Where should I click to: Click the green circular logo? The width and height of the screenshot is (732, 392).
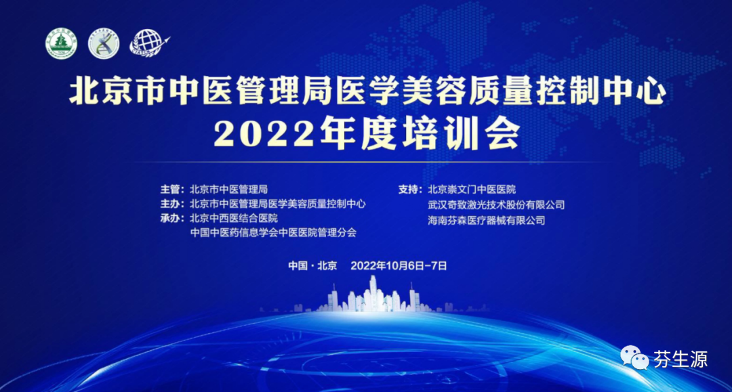(x=61, y=44)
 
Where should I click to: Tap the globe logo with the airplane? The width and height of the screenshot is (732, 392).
(x=147, y=43)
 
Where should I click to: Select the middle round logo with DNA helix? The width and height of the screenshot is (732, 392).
(x=104, y=44)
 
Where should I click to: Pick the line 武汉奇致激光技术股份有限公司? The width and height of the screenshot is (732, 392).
(x=496, y=204)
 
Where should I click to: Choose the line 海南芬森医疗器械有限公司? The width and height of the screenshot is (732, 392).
(x=487, y=219)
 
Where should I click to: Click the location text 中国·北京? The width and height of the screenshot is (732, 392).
(x=312, y=265)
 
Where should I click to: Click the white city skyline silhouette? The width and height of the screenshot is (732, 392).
(x=376, y=298)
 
